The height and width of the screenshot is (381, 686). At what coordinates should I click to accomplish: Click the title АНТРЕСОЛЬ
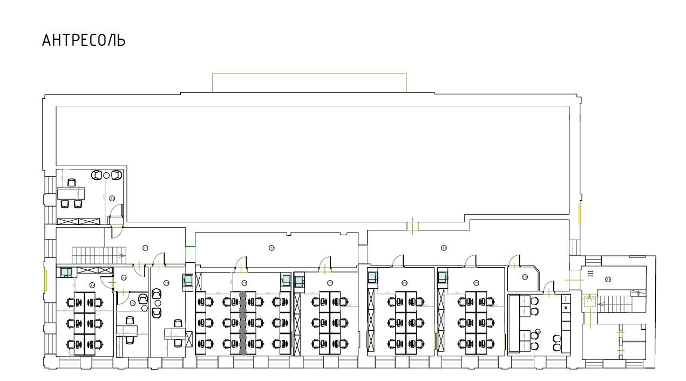[x=84, y=40]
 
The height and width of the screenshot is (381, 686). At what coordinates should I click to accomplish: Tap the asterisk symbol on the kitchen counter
[x=566, y=308]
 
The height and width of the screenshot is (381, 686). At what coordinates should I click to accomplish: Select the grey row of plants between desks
[x=243, y=323]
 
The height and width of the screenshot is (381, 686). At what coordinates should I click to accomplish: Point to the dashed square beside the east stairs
[x=589, y=302]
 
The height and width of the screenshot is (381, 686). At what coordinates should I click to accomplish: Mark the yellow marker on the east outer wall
[x=579, y=215]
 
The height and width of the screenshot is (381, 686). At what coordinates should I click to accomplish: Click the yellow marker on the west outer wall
[x=46, y=279]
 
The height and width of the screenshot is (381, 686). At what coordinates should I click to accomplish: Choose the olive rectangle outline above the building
[x=309, y=83]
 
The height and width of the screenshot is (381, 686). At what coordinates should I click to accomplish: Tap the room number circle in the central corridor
[x=271, y=248]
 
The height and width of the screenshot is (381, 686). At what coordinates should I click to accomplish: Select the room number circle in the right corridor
[x=444, y=248]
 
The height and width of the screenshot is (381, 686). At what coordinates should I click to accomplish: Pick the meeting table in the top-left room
[x=71, y=193]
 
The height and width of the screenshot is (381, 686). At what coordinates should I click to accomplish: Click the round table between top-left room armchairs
[x=107, y=175]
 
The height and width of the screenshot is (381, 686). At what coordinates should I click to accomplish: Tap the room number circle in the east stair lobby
[x=608, y=280]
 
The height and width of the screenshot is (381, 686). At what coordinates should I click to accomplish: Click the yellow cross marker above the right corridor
[x=412, y=226]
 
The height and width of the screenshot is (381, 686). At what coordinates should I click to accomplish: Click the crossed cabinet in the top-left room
[x=79, y=221]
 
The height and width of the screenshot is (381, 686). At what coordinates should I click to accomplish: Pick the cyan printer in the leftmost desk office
[x=66, y=272]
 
